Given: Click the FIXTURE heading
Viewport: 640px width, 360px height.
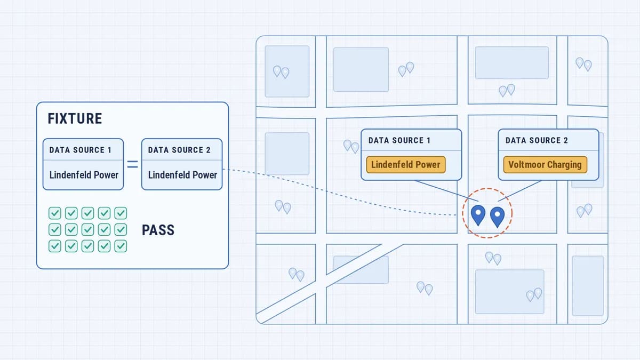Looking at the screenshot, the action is pos(75,118).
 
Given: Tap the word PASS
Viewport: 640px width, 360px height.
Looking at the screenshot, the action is pos(158,230).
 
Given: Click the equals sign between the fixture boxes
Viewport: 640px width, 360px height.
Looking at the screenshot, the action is pos(133,164).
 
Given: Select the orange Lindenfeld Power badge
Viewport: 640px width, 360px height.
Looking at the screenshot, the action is pos(406,165).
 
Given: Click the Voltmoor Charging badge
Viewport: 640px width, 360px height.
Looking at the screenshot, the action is pos(545,165).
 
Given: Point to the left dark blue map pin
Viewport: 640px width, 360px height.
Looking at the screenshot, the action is pos(478,215).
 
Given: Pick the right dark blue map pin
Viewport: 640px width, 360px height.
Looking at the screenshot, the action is pos(497,217).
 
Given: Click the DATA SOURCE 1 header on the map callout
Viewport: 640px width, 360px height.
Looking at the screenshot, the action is pos(399,140).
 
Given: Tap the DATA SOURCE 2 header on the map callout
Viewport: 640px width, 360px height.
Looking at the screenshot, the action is pos(537,140).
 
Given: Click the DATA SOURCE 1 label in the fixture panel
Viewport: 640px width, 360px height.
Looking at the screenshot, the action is pos(81,150).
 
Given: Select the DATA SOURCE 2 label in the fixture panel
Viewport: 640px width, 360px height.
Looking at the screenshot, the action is pos(179,150).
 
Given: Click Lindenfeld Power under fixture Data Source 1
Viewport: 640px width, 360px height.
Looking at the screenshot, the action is pos(84,175).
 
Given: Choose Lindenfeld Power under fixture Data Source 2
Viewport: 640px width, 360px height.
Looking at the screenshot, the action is pos(182,175).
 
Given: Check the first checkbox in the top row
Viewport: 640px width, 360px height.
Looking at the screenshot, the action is pos(55,213).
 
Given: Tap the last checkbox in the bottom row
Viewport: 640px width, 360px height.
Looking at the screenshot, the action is pos(121,246).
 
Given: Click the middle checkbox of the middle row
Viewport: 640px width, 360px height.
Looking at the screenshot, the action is pos(87,229).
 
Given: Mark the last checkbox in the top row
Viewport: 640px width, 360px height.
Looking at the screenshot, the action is pos(121,213).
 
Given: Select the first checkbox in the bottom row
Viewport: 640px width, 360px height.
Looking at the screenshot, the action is pos(55,246).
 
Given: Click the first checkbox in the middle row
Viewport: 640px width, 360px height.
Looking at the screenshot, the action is pos(55,229).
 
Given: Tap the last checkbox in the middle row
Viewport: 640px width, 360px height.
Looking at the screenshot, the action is pos(121,229).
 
